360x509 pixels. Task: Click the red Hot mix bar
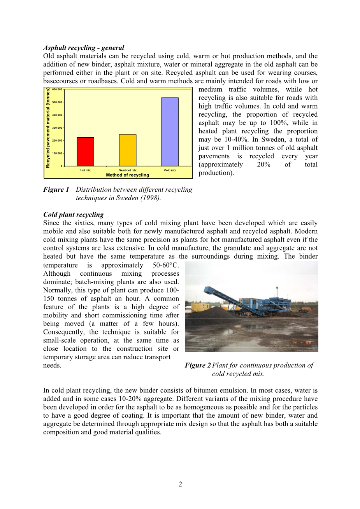click(85, 152)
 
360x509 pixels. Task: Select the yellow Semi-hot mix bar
click(128, 150)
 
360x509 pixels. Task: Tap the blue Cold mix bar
click(170, 132)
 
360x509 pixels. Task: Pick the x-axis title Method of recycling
click(127, 175)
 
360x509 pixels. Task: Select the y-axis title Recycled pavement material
click(48, 128)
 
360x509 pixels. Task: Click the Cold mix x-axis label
click(170, 170)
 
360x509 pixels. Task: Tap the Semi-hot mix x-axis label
click(128, 170)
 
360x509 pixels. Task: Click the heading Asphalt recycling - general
click(84, 48)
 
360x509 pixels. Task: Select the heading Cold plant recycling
click(74, 215)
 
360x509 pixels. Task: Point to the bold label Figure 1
click(56, 190)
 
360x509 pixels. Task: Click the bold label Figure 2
click(198, 366)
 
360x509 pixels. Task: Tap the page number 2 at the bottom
click(180, 484)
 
